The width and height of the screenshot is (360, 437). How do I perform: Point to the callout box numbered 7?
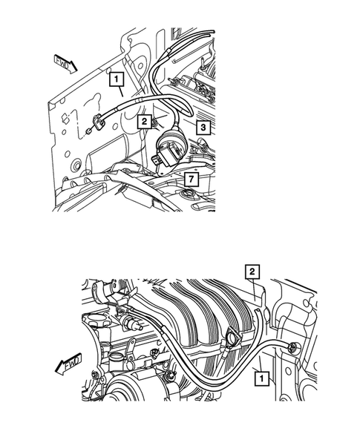pyautogui.click(x=191, y=180)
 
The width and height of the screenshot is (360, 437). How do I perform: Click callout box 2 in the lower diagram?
pyautogui.click(x=252, y=272)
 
